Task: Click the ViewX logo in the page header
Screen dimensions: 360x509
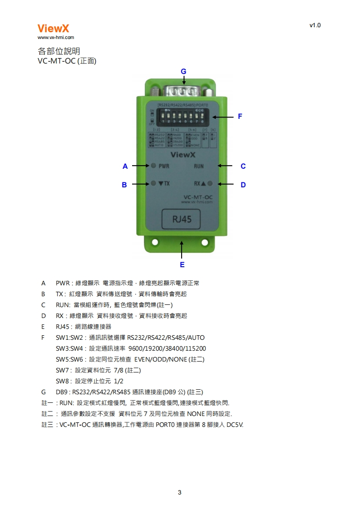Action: pyautogui.click(x=53, y=29)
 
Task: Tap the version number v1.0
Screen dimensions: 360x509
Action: pyautogui.click(x=315, y=25)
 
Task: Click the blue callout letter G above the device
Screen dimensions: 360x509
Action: pyautogui.click(x=183, y=71)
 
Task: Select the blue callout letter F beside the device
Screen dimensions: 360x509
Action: pyautogui.click(x=240, y=117)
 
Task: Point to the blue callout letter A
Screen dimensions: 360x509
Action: pyautogui.click(x=125, y=166)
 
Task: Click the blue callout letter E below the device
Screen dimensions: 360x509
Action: pyautogui.click(x=182, y=264)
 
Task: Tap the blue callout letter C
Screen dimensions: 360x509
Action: pyautogui.click(x=243, y=166)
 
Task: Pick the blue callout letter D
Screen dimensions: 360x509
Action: pyautogui.click(x=243, y=185)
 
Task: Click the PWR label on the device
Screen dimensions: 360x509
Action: pyautogui.click(x=164, y=166)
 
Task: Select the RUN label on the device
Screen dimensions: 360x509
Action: pyautogui.click(x=199, y=166)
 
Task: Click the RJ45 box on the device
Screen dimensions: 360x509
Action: pyautogui.click(x=182, y=220)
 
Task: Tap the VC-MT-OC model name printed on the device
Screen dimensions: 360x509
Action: pyautogui.click(x=197, y=197)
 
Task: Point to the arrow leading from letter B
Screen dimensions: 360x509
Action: pyautogui.click(x=141, y=184)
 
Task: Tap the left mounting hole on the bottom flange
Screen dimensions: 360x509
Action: pyautogui.click(x=155, y=243)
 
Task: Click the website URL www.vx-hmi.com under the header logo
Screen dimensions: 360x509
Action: pyautogui.click(x=55, y=38)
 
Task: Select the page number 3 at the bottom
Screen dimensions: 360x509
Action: pyautogui.click(x=180, y=492)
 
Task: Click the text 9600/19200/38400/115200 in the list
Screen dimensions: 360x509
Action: pyautogui.click(x=167, y=348)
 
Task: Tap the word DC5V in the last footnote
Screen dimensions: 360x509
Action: pyautogui.click(x=234, y=425)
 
